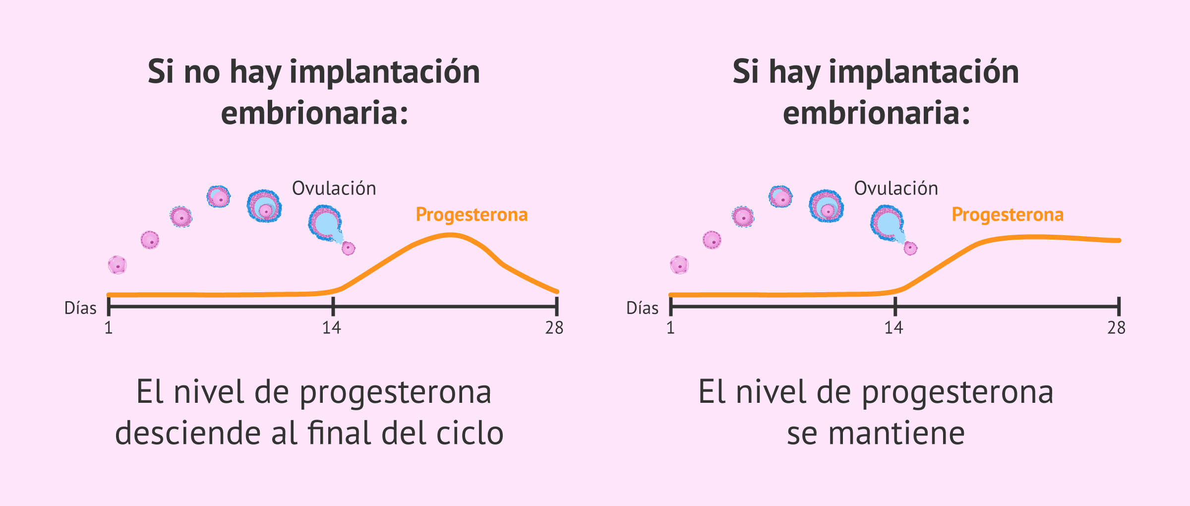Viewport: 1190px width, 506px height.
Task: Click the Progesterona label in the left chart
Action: (x=472, y=215)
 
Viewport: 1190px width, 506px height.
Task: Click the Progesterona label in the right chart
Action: (x=1008, y=215)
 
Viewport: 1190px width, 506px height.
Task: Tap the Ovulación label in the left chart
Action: (x=334, y=189)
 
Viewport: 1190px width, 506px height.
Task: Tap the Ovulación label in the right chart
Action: (x=896, y=189)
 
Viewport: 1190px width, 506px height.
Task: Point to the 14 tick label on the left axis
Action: (x=332, y=328)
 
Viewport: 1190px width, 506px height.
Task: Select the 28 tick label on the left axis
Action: (x=554, y=328)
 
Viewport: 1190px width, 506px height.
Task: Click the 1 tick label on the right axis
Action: (x=670, y=328)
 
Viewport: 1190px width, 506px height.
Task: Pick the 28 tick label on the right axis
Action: (x=1116, y=328)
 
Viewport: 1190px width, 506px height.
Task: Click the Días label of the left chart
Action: (x=80, y=308)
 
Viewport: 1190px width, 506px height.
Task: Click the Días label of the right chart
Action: (x=642, y=308)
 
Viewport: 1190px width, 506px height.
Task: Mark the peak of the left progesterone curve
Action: (x=450, y=235)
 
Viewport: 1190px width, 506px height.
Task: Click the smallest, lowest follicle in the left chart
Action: (x=118, y=265)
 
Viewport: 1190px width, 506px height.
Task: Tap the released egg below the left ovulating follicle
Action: (x=349, y=248)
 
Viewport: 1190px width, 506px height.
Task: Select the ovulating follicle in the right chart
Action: (x=887, y=223)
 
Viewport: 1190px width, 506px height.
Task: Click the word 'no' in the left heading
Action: (x=202, y=72)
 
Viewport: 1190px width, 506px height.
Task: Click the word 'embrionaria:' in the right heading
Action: (x=876, y=113)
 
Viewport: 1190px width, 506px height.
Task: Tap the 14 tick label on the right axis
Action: (x=893, y=328)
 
